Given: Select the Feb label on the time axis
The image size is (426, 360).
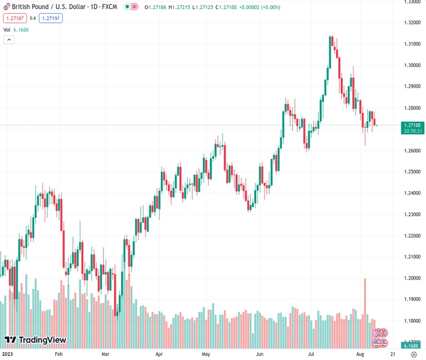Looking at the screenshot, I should (58, 354).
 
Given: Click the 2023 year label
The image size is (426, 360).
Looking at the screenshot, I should (8, 354).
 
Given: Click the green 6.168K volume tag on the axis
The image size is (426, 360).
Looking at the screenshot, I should (411, 346).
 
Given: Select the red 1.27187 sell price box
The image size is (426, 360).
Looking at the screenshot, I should (13, 18).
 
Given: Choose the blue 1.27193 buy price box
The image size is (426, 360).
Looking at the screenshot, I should (50, 18).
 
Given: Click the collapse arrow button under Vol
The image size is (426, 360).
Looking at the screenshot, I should (9, 40).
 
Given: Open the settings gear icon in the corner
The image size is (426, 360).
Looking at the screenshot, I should (413, 354).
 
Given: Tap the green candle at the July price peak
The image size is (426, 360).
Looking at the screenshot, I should (330, 52).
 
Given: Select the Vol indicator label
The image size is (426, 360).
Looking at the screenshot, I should (7, 29).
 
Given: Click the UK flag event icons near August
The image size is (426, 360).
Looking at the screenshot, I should (379, 333).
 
